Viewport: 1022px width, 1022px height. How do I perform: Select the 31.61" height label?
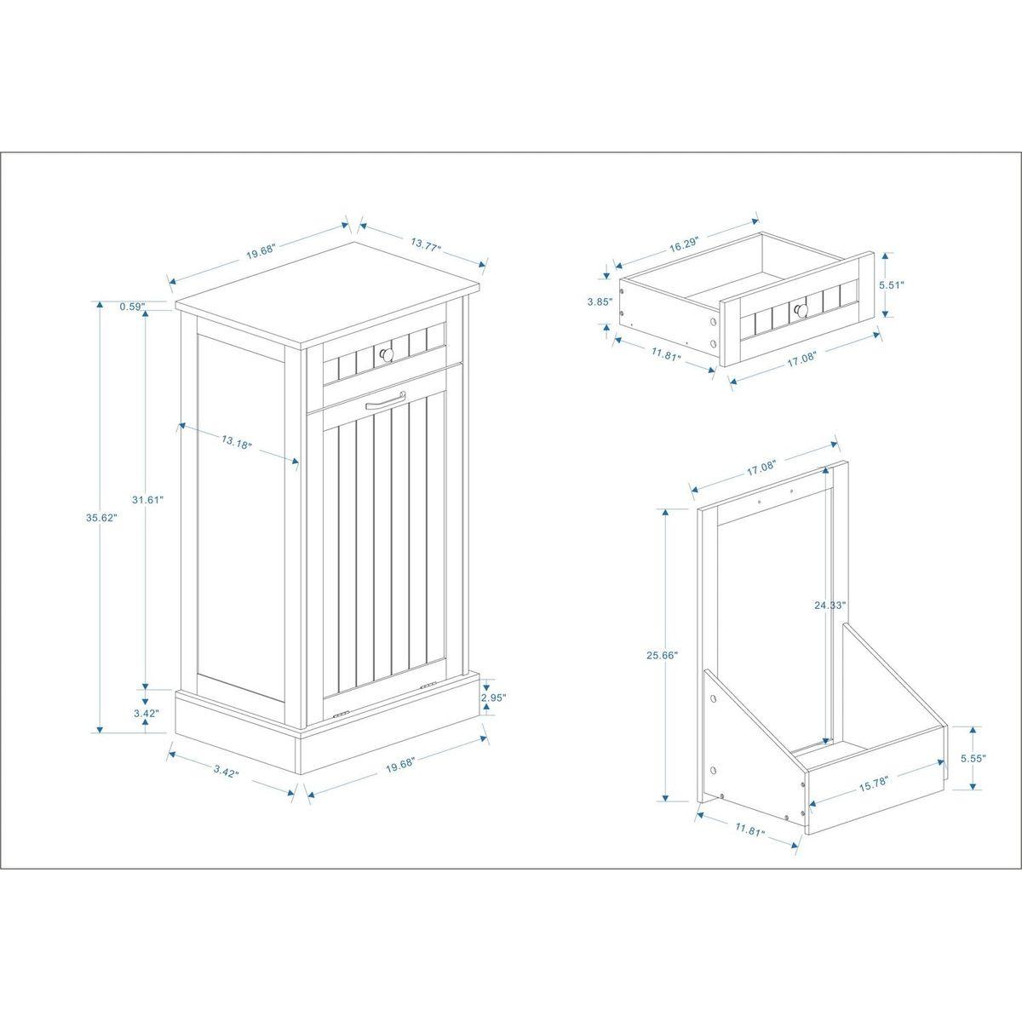click(x=149, y=500)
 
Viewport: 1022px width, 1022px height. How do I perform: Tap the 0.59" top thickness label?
click(x=133, y=306)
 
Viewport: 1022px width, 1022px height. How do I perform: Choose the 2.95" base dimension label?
click(x=493, y=698)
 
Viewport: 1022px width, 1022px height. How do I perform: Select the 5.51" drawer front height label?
click(x=892, y=285)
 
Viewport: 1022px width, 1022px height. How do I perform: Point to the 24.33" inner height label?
click(x=828, y=606)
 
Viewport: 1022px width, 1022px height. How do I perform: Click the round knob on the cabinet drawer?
click(x=383, y=351)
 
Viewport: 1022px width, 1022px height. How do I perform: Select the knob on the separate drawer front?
click(x=799, y=310)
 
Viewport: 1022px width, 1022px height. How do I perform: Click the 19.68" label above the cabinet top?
click(x=259, y=252)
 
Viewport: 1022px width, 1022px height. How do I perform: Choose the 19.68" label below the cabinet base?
click(x=399, y=767)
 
